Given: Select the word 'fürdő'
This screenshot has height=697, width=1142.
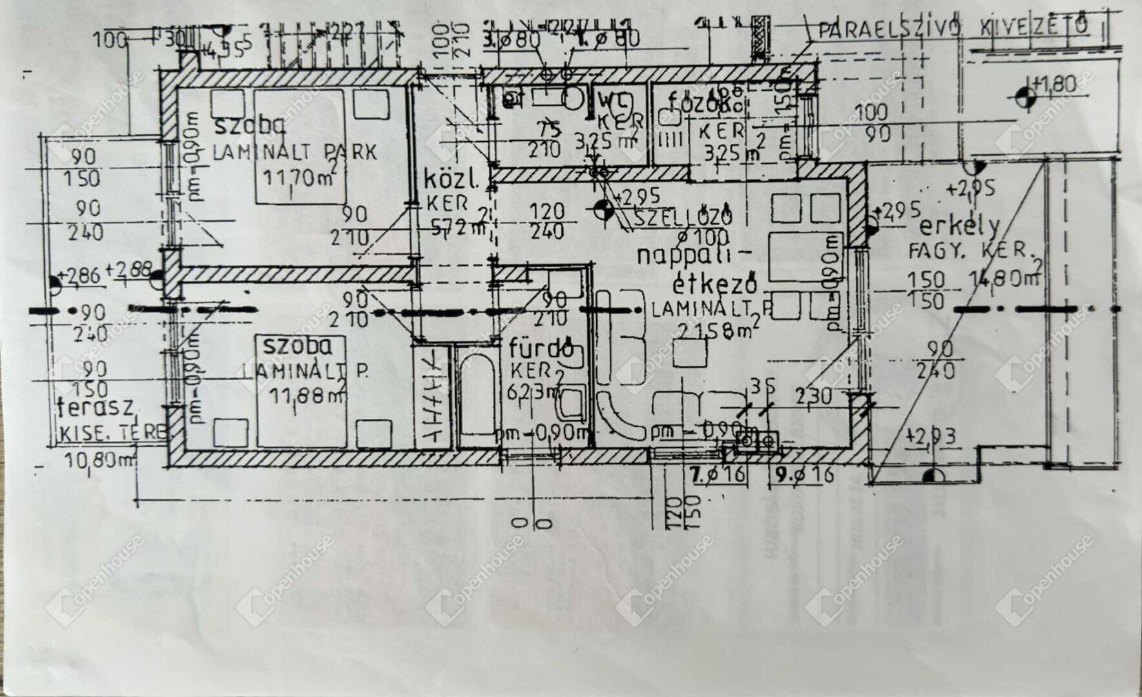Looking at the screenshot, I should (x=541, y=350).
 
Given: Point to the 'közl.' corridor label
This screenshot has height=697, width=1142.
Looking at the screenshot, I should (x=450, y=181).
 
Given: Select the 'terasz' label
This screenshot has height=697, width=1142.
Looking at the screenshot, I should (x=96, y=408).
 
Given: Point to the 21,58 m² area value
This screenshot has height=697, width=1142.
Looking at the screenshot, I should (x=716, y=330).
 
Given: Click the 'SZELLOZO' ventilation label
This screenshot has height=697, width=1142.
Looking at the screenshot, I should (x=683, y=217).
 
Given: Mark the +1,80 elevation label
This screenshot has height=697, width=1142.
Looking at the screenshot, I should (x=1055, y=85).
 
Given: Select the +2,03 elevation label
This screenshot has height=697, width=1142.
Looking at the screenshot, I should (x=932, y=437).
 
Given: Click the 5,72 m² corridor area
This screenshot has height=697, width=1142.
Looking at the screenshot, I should (x=459, y=227).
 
